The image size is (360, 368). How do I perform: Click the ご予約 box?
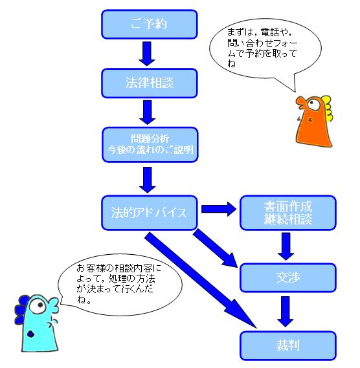pos(149,24)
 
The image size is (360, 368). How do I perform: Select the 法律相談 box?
pos(149,83)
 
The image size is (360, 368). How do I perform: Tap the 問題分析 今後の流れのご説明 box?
pos(150,145)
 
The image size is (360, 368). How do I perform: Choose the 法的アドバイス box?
pos(149,213)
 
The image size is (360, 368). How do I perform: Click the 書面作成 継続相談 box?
pos(288,213)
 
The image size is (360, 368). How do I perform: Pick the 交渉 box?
pos(288,277)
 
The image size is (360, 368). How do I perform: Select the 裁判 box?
pos(288,345)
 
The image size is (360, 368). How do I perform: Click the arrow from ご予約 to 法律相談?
pos(147,54)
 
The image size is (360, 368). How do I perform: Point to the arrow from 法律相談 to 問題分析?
pos(148,112)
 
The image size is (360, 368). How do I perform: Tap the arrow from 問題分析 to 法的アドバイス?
pos(148,180)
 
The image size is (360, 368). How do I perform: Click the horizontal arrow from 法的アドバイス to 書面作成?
pos(219,209)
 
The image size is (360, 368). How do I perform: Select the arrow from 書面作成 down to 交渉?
pos(286,246)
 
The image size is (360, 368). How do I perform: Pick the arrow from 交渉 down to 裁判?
pos(286,312)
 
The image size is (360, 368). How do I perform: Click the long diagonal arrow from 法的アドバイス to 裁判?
pos(200,280)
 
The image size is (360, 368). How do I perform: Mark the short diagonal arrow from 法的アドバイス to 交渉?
pos(215,248)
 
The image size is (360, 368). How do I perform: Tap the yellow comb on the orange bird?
pos(327,108)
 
